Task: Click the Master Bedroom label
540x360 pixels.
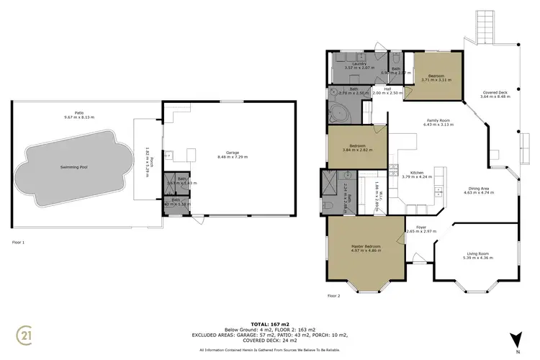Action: tap(366, 246)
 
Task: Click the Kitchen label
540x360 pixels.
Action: tap(416, 172)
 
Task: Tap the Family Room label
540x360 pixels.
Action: tap(437, 120)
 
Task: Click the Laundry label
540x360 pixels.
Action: tap(359, 64)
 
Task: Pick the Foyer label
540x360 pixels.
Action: tap(411, 228)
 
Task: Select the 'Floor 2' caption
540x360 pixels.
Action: tap(334, 296)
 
